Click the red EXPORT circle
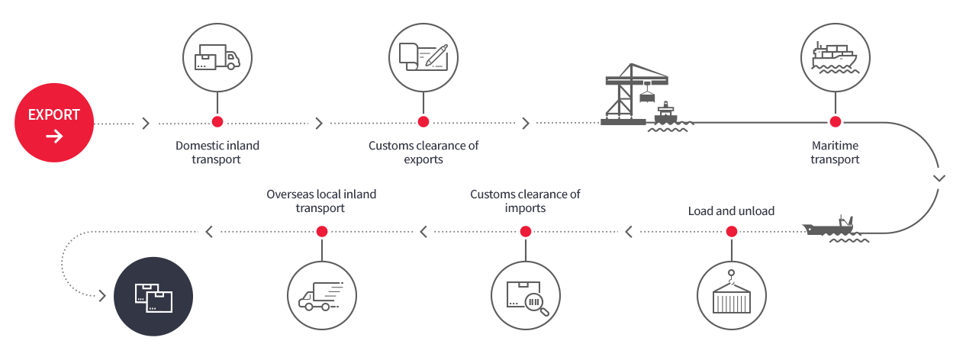point(54,123)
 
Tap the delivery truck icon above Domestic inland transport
point(217,57)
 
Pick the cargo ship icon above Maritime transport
point(836,57)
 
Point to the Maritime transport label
point(835,153)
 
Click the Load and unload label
point(731,211)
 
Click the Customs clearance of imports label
point(525,201)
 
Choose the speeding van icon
point(321,297)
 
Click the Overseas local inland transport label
point(321,201)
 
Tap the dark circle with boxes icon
point(153,297)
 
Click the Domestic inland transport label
point(217,153)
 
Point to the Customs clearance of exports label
point(423,153)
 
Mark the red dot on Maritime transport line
point(836,122)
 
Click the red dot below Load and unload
point(732,231)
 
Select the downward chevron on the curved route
point(939,178)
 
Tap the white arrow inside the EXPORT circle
point(54,137)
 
